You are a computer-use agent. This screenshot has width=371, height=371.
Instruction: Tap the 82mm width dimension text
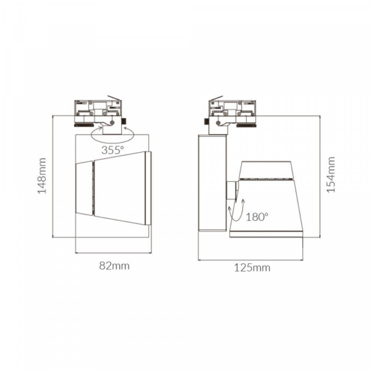[x=114, y=266]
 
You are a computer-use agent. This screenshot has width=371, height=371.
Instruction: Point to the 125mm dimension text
[x=252, y=267]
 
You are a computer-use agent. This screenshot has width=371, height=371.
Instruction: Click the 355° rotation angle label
[x=112, y=150]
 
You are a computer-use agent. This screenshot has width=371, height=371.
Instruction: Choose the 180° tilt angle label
[x=257, y=217]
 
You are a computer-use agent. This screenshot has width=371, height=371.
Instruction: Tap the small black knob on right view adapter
[x=205, y=121]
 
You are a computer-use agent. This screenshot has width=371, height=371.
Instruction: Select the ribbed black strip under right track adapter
[x=246, y=125]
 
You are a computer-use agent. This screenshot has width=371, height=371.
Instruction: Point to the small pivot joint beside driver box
[x=231, y=190]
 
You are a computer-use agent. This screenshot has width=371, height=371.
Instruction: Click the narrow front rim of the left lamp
[x=148, y=188]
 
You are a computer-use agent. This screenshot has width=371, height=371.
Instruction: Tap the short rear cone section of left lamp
[x=84, y=188]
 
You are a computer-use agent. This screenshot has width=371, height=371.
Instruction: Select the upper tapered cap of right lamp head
[x=265, y=170]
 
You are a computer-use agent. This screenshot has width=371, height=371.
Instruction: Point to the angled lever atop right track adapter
[x=216, y=98]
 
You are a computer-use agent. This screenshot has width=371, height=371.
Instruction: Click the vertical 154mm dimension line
[x=320, y=174]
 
